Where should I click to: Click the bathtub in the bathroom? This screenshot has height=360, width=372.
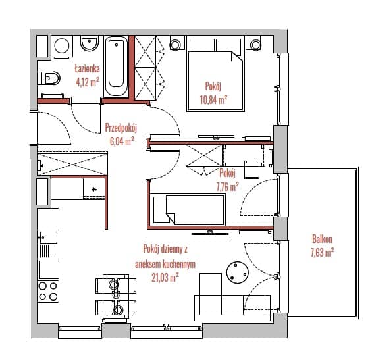[116, 66]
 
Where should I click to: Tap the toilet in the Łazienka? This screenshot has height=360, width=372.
[49, 78]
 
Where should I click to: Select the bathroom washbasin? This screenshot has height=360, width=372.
[90, 43]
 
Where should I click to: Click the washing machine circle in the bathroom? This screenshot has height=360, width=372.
[62, 45]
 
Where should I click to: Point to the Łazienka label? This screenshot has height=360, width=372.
[88, 68]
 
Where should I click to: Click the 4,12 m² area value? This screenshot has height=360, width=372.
[88, 82]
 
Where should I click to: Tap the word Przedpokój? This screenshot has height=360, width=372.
[121, 128]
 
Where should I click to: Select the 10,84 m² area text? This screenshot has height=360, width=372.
[213, 99]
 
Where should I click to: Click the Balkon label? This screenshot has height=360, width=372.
[322, 239]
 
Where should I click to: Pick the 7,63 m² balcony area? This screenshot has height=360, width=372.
[322, 252]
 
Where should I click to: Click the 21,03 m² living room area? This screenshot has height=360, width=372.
[165, 278]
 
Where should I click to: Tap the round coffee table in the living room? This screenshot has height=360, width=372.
[238, 272]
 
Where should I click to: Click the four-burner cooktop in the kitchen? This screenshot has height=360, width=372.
[48, 291]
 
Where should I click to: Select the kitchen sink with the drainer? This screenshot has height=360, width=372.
[48, 245]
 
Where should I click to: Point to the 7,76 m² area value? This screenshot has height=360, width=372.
[227, 187]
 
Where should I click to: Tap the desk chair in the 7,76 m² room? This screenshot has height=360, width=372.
[252, 169]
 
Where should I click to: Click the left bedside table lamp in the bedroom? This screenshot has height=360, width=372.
[175, 45]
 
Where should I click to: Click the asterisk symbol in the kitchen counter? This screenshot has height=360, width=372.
[94, 189]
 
